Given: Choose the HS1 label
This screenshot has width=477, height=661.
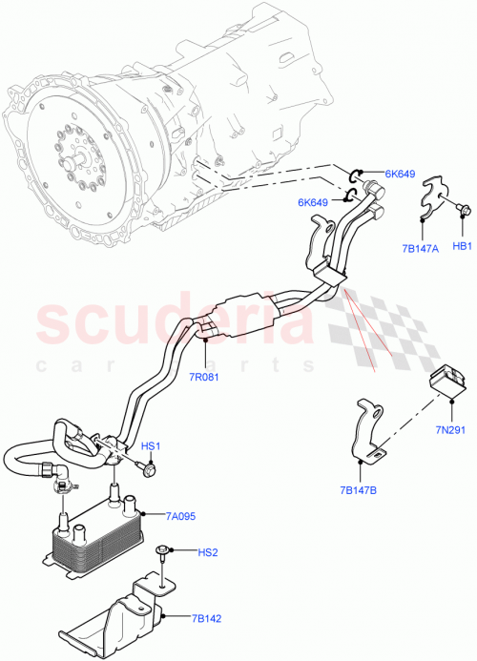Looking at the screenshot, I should click(153, 446).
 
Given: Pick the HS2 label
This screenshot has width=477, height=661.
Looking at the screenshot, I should click(208, 552).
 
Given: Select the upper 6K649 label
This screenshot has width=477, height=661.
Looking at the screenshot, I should click(401, 175).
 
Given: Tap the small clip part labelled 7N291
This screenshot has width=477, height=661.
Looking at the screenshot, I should click(443, 379).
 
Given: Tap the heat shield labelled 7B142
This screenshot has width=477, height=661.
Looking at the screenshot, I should click(124, 610).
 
